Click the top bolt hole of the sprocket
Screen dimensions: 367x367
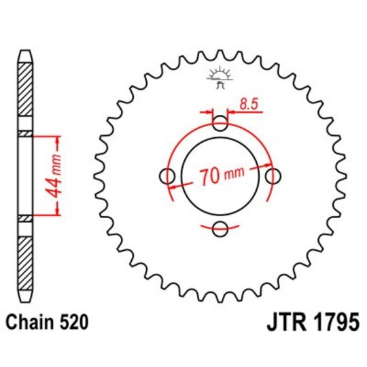220,124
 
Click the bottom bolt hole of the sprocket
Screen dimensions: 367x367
220,230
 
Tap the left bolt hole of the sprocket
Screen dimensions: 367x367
167,177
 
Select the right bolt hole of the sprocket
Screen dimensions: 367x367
273,177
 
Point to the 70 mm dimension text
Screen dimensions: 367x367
222,177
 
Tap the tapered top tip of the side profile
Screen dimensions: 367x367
24,54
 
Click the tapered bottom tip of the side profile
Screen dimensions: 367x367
24,300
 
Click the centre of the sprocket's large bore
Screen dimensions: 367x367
220,177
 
